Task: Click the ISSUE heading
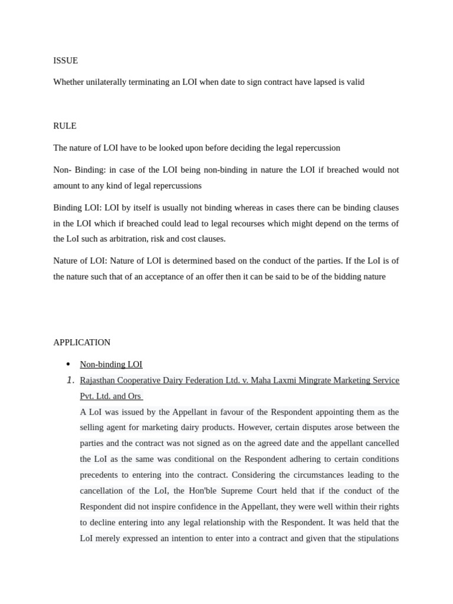(65, 61)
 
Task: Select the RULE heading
(65, 126)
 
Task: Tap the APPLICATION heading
(82, 342)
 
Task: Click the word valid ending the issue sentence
(356, 82)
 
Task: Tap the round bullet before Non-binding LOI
(68, 364)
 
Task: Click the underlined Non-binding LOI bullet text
(111, 365)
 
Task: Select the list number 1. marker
(70, 380)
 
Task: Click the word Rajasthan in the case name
(98, 380)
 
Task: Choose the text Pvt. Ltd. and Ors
(110, 396)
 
